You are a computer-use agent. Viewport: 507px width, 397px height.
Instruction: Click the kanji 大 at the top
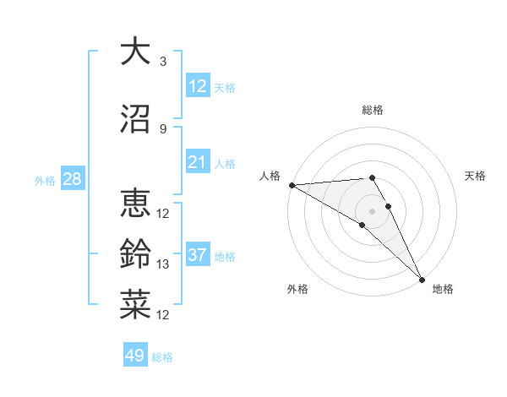pos(135,52)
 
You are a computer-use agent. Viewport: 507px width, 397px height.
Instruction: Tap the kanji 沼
pos(135,119)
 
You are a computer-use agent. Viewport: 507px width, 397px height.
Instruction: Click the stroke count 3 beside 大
pos(162,62)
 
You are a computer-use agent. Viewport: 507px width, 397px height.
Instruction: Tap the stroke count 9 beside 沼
pos(162,128)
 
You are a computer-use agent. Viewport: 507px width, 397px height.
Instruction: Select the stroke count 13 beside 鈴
pos(164,264)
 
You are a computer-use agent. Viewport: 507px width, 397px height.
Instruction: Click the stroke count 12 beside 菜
pos(164,315)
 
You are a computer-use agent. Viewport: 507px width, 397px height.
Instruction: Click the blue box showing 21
pos(197,162)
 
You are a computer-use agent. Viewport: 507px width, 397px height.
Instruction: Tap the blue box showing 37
pos(197,255)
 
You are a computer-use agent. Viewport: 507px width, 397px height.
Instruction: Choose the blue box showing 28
pos(72,179)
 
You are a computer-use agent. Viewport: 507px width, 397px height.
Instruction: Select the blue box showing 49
pos(134,356)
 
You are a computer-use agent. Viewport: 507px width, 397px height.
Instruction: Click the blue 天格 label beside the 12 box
pos(225,88)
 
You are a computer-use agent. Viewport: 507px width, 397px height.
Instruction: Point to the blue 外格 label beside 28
pos(45,180)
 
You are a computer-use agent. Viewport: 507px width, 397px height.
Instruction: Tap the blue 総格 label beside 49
pos(162,357)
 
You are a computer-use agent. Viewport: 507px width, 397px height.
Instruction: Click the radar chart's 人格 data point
pos(291,185)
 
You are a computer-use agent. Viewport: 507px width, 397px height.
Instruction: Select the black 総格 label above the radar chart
pos(373,110)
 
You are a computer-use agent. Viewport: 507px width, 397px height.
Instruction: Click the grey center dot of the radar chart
pos(372,209)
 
